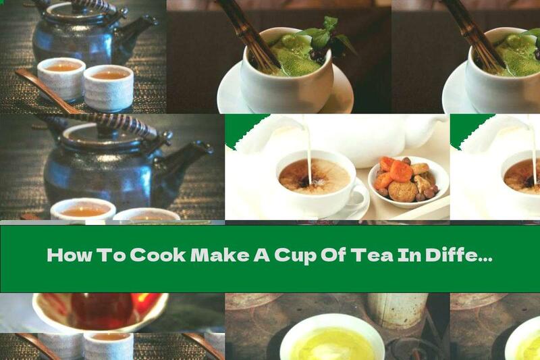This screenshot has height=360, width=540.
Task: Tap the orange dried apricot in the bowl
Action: [400, 170]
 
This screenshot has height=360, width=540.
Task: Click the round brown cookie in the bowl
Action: [403, 191]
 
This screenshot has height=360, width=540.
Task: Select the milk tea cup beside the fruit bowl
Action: [314, 179]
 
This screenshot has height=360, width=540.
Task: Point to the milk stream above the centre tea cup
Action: [308, 145]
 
